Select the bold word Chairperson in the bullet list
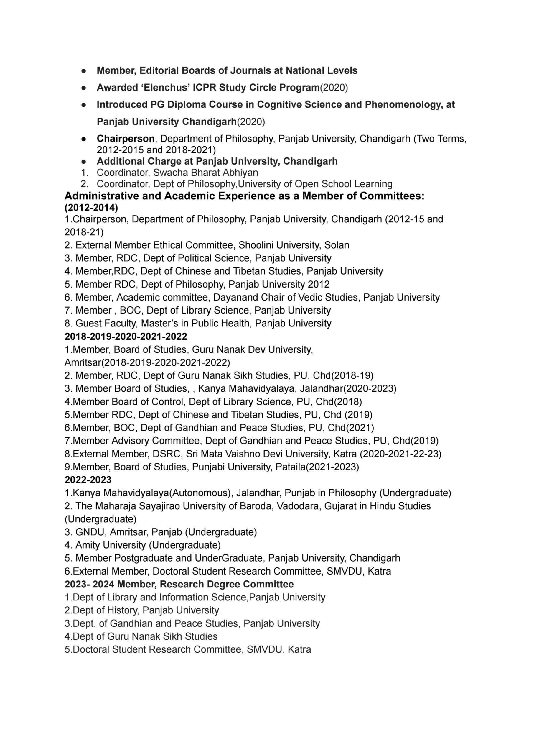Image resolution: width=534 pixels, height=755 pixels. click(x=125, y=139)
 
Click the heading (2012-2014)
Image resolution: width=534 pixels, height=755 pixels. click(x=91, y=208)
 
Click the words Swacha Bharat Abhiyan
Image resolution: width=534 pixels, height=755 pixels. click(x=205, y=173)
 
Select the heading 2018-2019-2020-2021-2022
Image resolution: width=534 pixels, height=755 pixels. click(x=126, y=336)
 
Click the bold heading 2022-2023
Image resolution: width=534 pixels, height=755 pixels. click(x=88, y=480)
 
